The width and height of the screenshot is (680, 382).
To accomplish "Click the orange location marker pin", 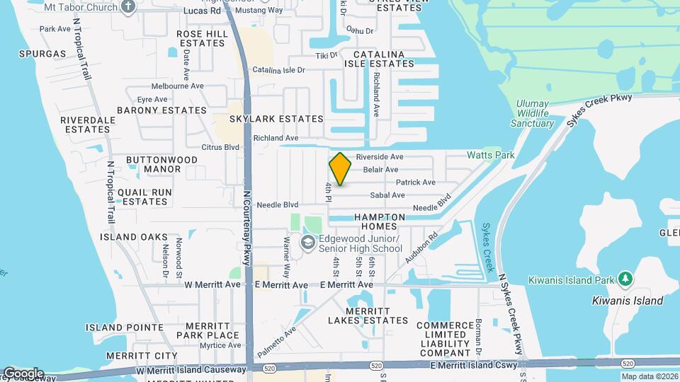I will pyautogui.click(x=341, y=168).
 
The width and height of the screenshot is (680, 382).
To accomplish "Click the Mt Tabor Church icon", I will pyautogui.click(x=128, y=7).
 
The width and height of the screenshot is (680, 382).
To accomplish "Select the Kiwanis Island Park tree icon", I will pyautogui.click(x=625, y=278).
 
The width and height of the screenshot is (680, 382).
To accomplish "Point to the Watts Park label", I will pyautogui.click(x=490, y=155).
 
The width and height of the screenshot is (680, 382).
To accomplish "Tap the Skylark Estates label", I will pyautogui.click(x=276, y=119).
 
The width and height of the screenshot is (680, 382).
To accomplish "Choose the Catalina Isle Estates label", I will pyautogui.click(x=374, y=59).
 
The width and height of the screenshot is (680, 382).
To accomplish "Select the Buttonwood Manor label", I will pyautogui.click(x=161, y=164).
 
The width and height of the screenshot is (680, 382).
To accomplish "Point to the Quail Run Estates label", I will pyautogui.click(x=144, y=197).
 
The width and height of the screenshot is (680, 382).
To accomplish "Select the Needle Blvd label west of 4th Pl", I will pyautogui.click(x=278, y=205).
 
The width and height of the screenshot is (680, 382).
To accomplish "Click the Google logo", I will pyautogui.click(x=23, y=373).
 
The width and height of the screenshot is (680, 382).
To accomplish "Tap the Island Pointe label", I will pyautogui.click(x=125, y=328).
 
